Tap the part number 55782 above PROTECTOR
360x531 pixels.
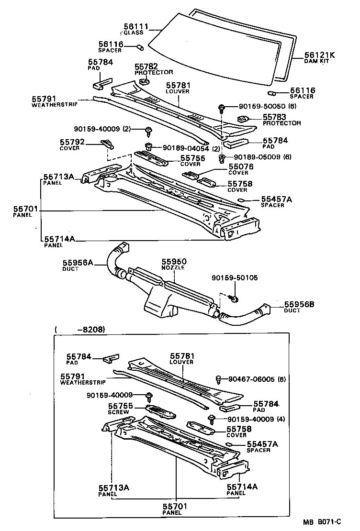146,66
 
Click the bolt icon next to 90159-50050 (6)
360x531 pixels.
222,108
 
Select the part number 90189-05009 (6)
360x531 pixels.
263,157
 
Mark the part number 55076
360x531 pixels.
241,167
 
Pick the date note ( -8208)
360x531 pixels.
80,329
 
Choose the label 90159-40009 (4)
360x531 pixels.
251,419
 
